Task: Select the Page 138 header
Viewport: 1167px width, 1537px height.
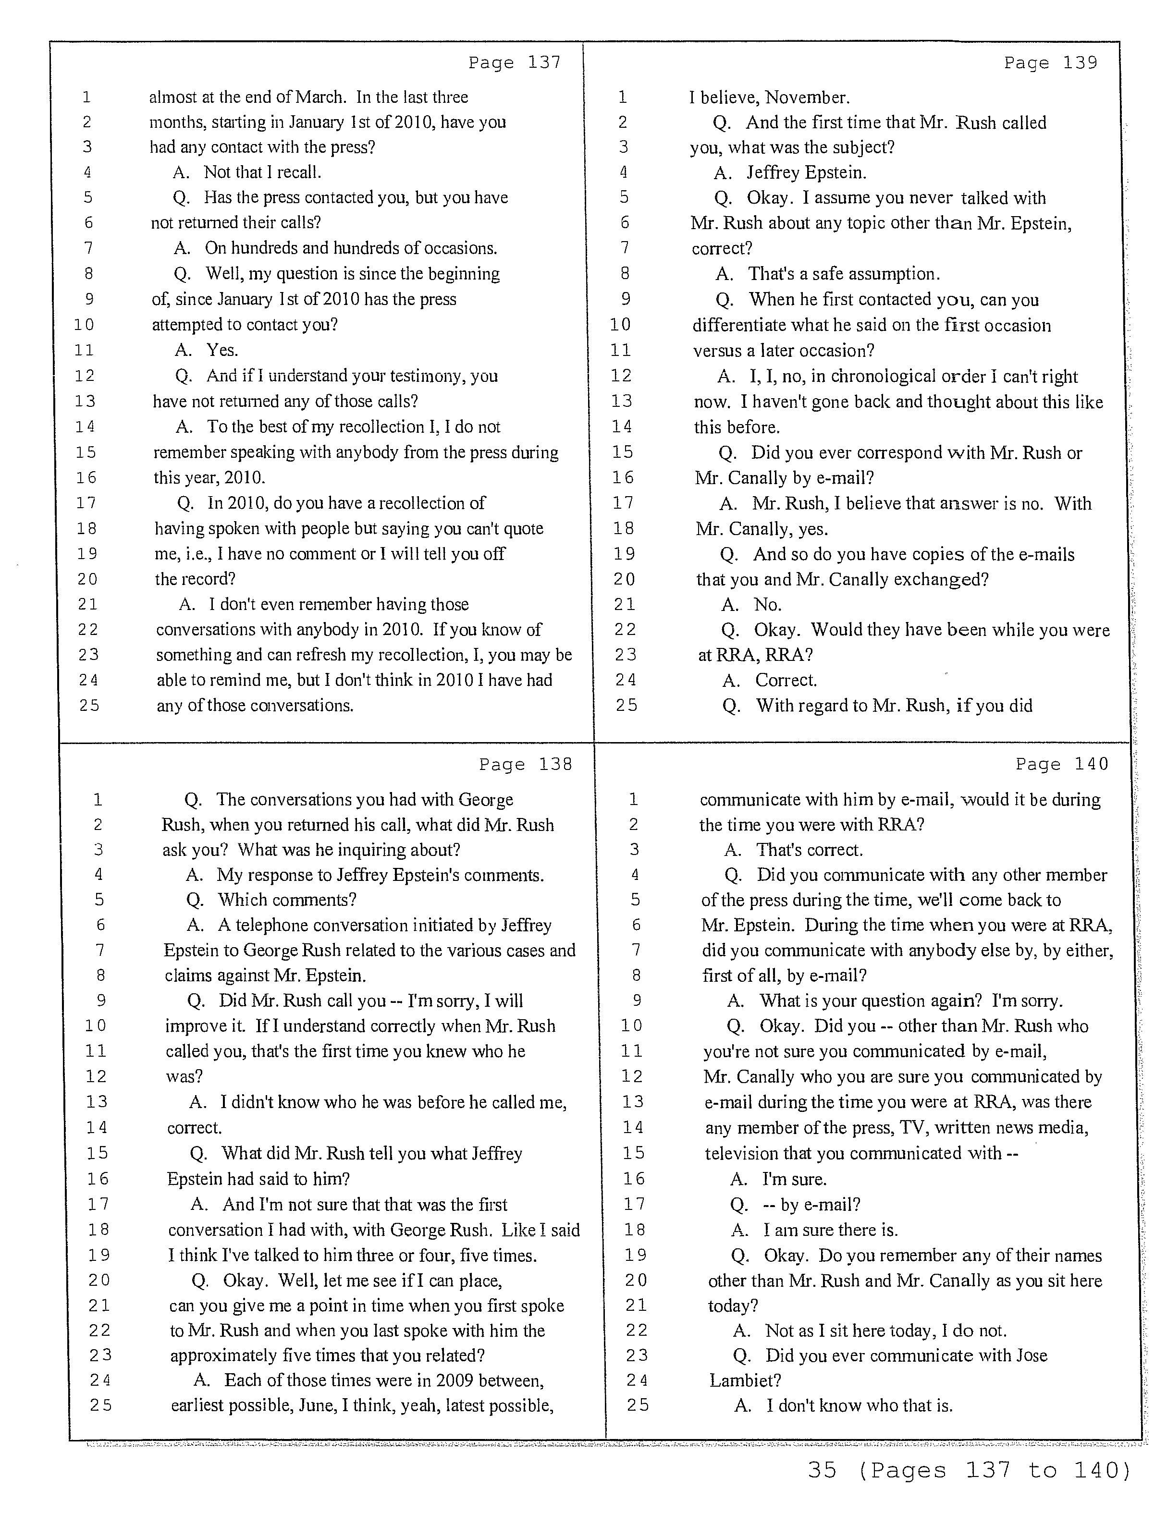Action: [526, 764]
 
